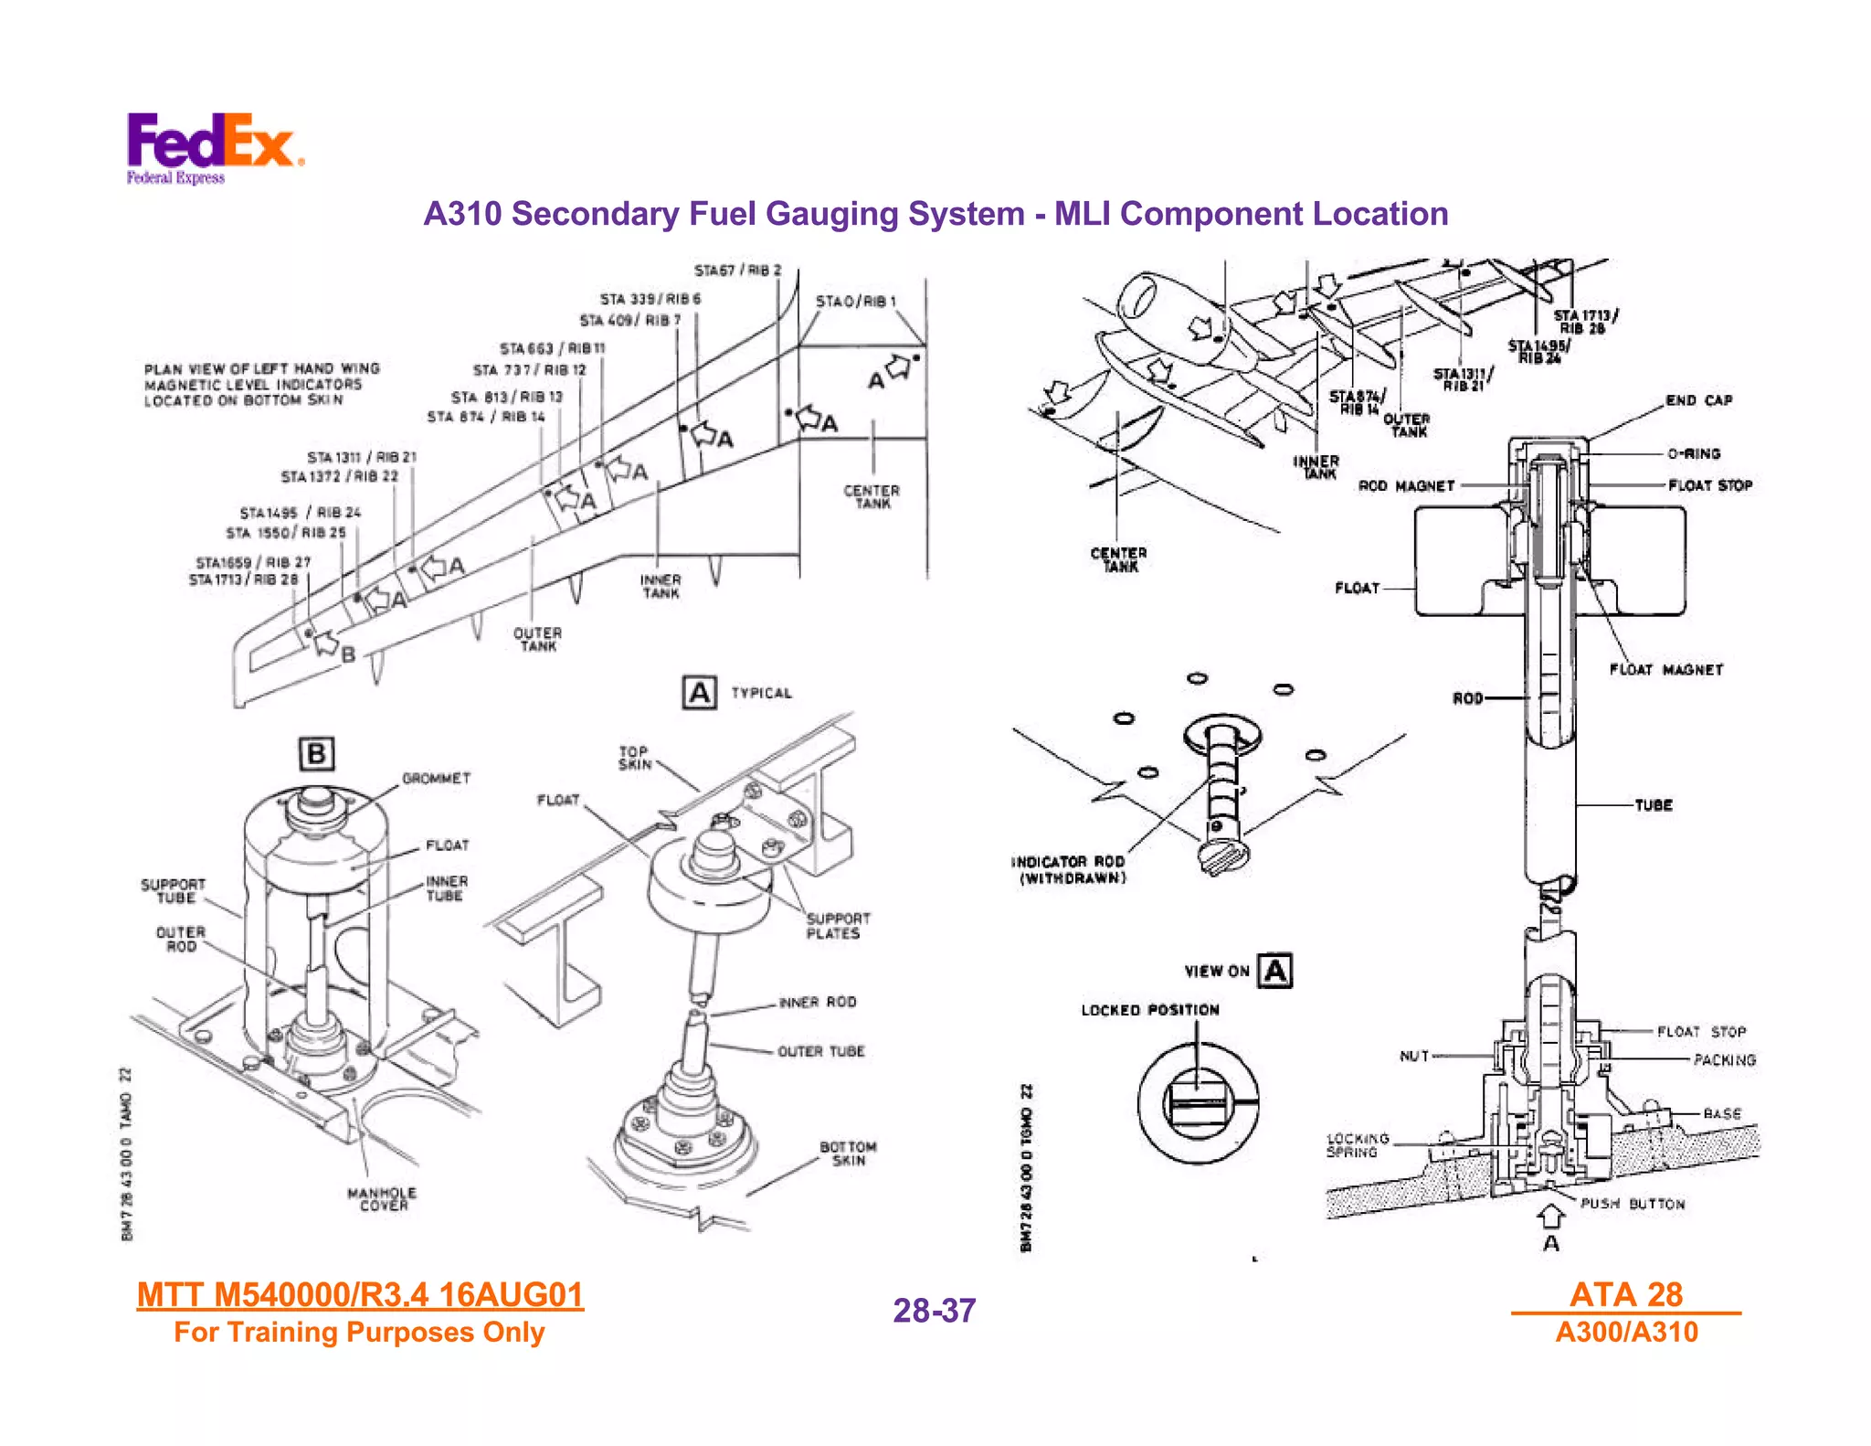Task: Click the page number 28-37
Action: pos(934,1311)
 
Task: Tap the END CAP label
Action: pos(1698,400)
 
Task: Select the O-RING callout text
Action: pos(1693,453)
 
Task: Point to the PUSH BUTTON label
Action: pos(1632,1204)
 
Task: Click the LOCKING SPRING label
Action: pos(1357,1145)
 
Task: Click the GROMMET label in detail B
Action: pos(436,779)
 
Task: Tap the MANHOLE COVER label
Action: pos(382,1199)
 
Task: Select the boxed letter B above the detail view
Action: pos(316,754)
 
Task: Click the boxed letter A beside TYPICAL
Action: pos(699,693)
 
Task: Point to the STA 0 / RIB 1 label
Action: pos(855,302)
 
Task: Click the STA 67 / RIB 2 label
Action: pos(737,271)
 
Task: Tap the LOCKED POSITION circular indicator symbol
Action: pos(1198,1103)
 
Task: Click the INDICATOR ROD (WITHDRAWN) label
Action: pos(1070,869)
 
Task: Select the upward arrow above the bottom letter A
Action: pos(1550,1217)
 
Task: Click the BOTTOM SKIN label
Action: pos(847,1154)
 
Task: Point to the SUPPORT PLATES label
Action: pos(837,926)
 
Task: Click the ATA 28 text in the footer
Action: pos(1625,1294)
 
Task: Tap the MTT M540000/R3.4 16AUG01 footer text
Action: pos(360,1294)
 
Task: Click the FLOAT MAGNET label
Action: pos(1665,670)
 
